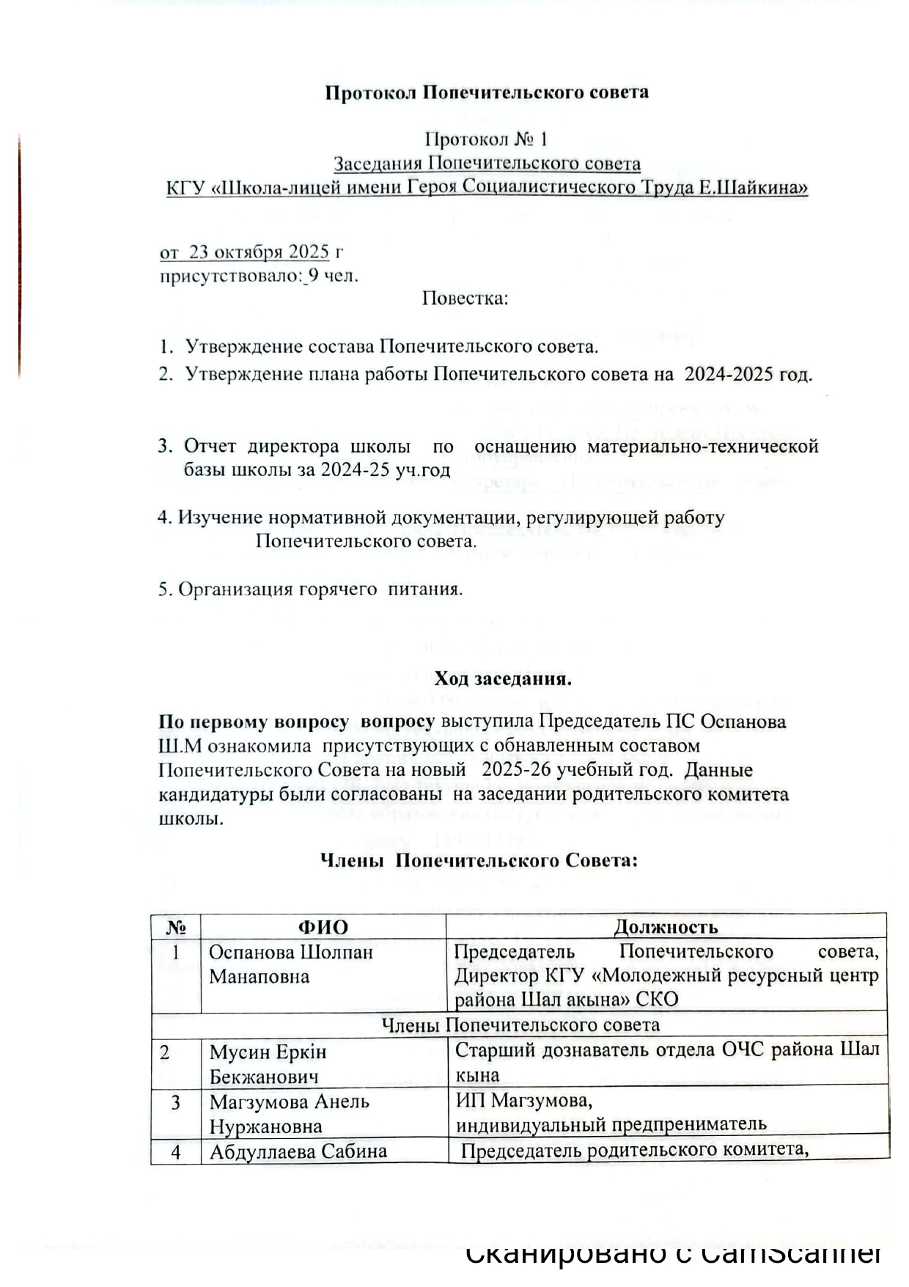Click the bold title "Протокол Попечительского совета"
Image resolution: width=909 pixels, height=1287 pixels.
pyautogui.click(x=487, y=93)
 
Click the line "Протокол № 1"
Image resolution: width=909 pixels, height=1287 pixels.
pyautogui.click(x=487, y=139)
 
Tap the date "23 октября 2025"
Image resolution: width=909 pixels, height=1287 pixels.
pyautogui.click(x=259, y=252)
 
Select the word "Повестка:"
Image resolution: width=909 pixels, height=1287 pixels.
pyautogui.click(x=465, y=298)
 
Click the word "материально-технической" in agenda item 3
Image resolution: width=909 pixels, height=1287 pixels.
pyautogui.click(x=702, y=446)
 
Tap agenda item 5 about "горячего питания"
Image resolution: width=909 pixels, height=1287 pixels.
pyautogui.click(x=310, y=589)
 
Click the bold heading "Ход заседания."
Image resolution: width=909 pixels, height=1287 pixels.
pyautogui.click(x=503, y=678)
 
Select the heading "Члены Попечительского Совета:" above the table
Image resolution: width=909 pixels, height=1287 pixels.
pyautogui.click(x=479, y=860)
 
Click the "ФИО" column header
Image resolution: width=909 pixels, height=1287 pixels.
pyautogui.click(x=323, y=927)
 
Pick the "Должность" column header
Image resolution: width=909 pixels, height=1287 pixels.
pyautogui.click(x=666, y=927)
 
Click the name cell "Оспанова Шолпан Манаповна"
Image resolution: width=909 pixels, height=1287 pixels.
pyautogui.click(x=291, y=964)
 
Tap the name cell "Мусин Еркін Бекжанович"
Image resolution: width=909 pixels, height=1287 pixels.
pyautogui.click(x=268, y=1064)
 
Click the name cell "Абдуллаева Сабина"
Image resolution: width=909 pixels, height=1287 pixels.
pyautogui.click(x=298, y=1151)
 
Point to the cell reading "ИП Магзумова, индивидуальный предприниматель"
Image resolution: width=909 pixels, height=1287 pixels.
pyautogui.click(x=610, y=1112)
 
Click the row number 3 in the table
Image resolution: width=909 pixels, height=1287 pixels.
pyautogui.click(x=176, y=1103)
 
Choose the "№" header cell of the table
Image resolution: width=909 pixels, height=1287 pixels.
pyautogui.click(x=176, y=927)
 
